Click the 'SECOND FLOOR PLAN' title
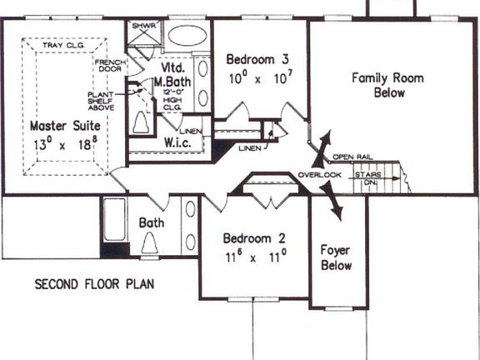tap(94, 284)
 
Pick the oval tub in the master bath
tap(187, 38)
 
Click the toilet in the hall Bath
tap(151, 242)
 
